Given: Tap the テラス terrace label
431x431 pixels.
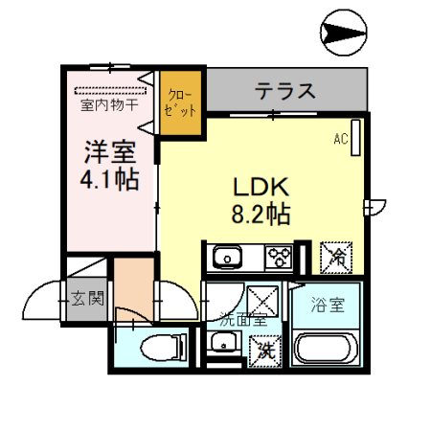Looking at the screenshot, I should click(285, 92).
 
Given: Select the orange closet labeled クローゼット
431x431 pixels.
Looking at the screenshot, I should click(179, 102).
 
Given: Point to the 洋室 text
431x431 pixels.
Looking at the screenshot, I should click(107, 151).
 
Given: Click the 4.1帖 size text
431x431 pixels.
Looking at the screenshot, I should click(107, 178).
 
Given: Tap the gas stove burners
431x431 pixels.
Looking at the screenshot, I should click(280, 257).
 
